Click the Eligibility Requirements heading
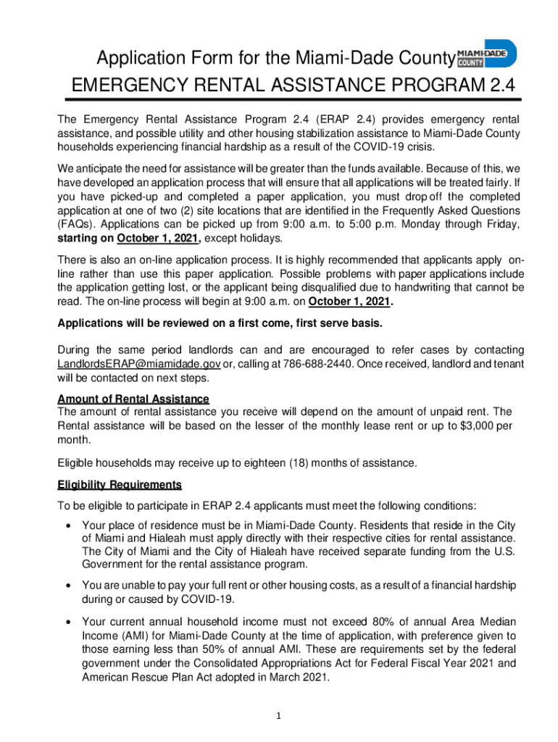(x=120, y=485)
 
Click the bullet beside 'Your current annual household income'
(x=67, y=621)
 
